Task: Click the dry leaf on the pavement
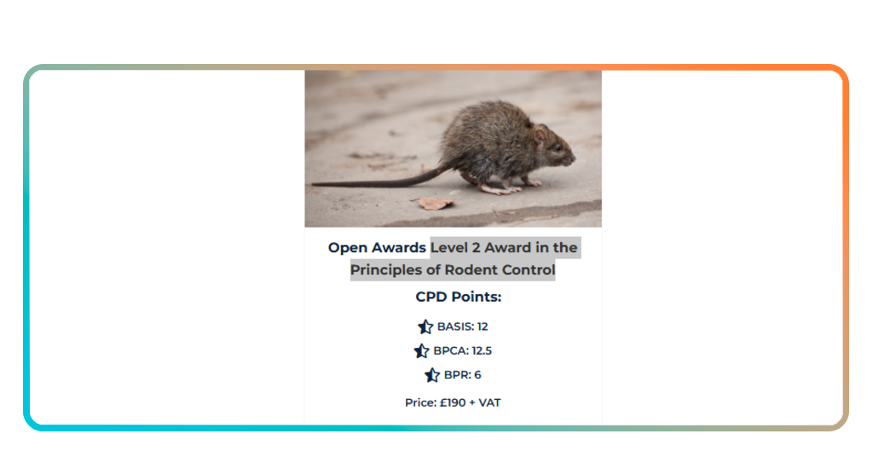436,203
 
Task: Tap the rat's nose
573,159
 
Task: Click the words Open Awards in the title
377,248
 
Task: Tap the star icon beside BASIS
425,327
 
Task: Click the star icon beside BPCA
421,350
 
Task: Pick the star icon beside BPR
432,375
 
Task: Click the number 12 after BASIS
483,327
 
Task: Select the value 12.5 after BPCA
482,350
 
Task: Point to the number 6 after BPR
477,375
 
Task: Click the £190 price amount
453,402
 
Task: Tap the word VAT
489,402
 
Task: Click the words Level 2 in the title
458,248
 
